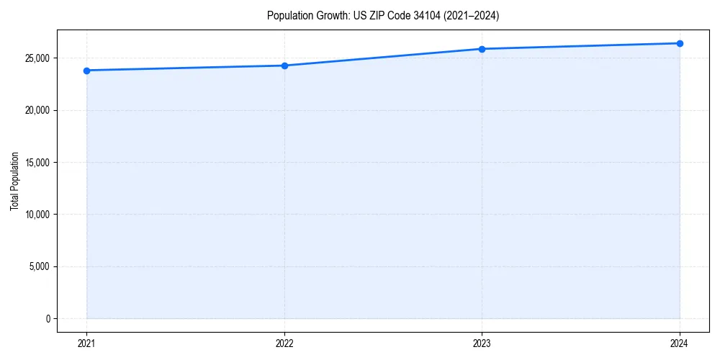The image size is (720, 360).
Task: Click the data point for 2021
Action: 86,71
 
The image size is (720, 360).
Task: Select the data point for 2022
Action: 284,66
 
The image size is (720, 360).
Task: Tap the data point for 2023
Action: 482,49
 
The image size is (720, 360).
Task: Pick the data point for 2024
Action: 680,43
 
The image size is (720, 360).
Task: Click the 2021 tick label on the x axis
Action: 86,343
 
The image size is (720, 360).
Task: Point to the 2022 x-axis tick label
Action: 284,343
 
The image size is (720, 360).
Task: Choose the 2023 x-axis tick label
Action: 482,343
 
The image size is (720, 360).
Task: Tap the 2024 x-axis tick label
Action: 680,343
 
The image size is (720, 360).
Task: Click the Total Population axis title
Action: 14,181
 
